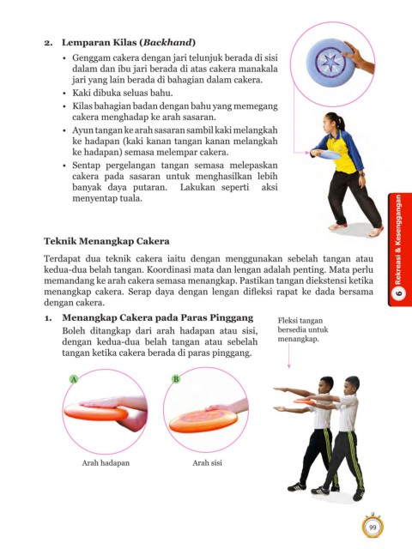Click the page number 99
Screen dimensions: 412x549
pos(373,528)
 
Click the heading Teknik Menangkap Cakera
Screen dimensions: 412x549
pos(106,241)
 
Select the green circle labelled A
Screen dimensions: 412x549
pos(74,379)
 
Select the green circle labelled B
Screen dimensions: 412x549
pos(176,379)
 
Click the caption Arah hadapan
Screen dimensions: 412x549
pos(106,463)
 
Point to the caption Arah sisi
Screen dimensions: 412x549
pos(207,463)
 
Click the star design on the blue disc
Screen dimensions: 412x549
pos(330,63)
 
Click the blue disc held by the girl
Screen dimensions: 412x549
pos(325,154)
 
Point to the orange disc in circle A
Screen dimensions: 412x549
pos(96,412)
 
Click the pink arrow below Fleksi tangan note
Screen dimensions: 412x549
pos(289,356)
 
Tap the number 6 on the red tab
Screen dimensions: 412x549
pos(398,293)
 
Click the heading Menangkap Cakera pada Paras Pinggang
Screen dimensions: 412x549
pos(158,317)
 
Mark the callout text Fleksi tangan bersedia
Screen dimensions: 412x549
pos(303,325)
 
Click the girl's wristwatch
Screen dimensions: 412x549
pos(362,174)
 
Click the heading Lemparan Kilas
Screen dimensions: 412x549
pos(100,42)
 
